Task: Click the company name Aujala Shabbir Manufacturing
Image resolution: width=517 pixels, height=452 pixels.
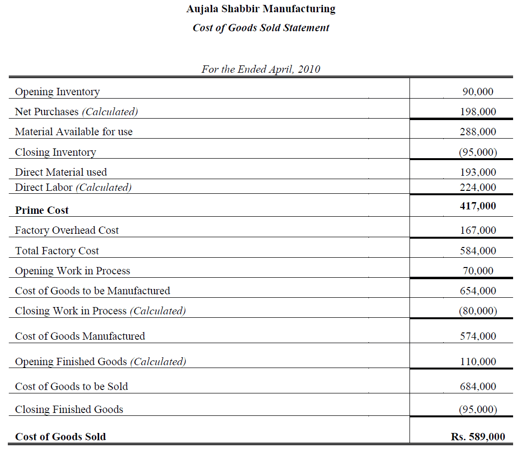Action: (x=261, y=9)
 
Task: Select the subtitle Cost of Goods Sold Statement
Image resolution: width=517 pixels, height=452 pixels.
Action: (x=261, y=28)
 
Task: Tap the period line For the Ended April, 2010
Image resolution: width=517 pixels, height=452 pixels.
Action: (x=261, y=69)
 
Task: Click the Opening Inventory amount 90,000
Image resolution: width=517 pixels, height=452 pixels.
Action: (x=477, y=92)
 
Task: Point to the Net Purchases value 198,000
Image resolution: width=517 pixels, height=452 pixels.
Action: (x=477, y=112)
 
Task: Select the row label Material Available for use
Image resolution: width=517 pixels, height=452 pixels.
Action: (x=74, y=132)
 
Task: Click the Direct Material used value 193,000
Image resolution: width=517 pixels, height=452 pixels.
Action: (x=477, y=172)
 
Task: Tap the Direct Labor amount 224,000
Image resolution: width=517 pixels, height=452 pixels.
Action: (x=477, y=187)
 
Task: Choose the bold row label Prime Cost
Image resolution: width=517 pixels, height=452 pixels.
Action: (x=42, y=210)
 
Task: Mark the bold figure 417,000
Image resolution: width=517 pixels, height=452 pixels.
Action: (x=477, y=206)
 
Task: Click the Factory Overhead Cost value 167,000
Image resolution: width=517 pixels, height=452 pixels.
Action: (x=477, y=230)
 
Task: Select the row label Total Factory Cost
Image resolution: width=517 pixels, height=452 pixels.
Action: (x=57, y=251)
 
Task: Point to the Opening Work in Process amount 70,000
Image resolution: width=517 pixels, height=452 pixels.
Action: (x=477, y=271)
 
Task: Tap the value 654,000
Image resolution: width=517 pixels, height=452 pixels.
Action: (x=477, y=291)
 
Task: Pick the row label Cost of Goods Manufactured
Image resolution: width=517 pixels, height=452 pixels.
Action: (x=80, y=336)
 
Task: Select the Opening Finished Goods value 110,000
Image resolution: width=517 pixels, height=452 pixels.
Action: (x=477, y=362)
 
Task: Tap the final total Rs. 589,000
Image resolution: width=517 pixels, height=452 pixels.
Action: (x=477, y=437)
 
